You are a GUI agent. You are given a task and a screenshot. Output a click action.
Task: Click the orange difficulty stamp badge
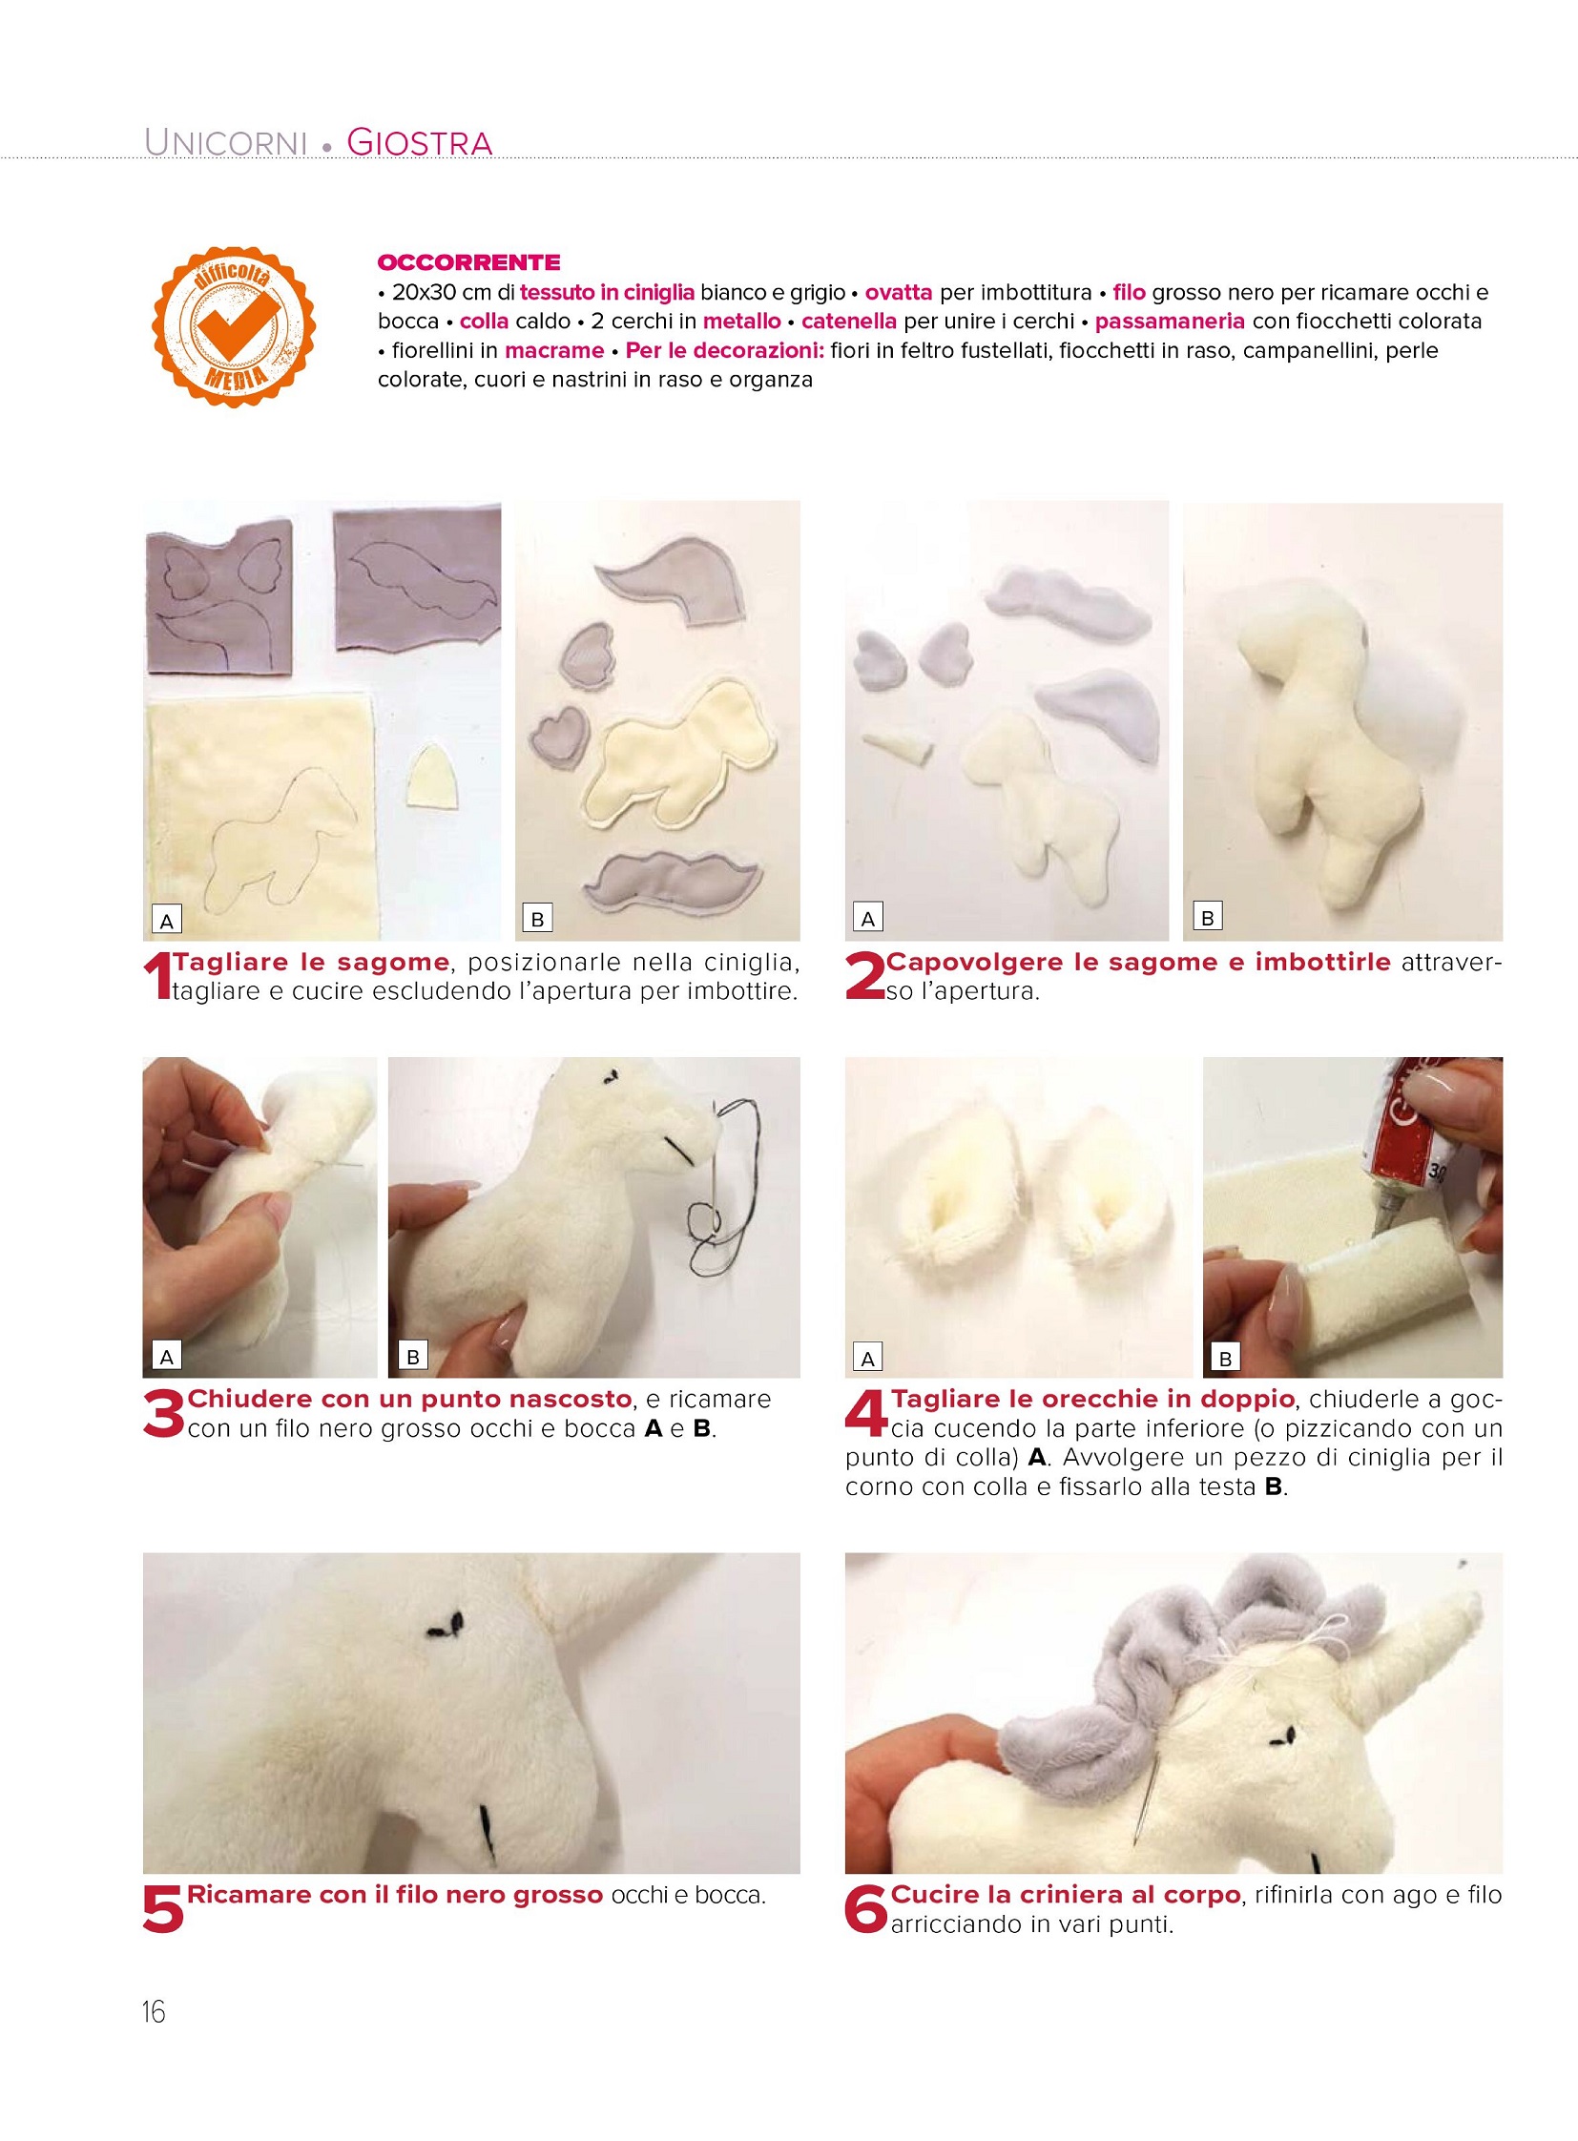pos(235,326)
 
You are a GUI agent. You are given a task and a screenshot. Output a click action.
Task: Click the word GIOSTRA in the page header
pos(420,142)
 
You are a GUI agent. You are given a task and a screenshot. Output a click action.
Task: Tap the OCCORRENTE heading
pos(469,261)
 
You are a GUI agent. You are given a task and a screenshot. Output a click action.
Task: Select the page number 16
pos(154,2012)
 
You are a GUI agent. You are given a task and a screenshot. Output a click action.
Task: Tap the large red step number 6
pos(866,1911)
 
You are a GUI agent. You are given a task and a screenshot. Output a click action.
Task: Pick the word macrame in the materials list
pos(554,350)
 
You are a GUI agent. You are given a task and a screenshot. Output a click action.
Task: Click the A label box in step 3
pos(167,1356)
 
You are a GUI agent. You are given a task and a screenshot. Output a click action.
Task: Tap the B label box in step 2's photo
pos(1208,918)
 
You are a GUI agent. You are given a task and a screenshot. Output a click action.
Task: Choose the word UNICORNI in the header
pos(225,142)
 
